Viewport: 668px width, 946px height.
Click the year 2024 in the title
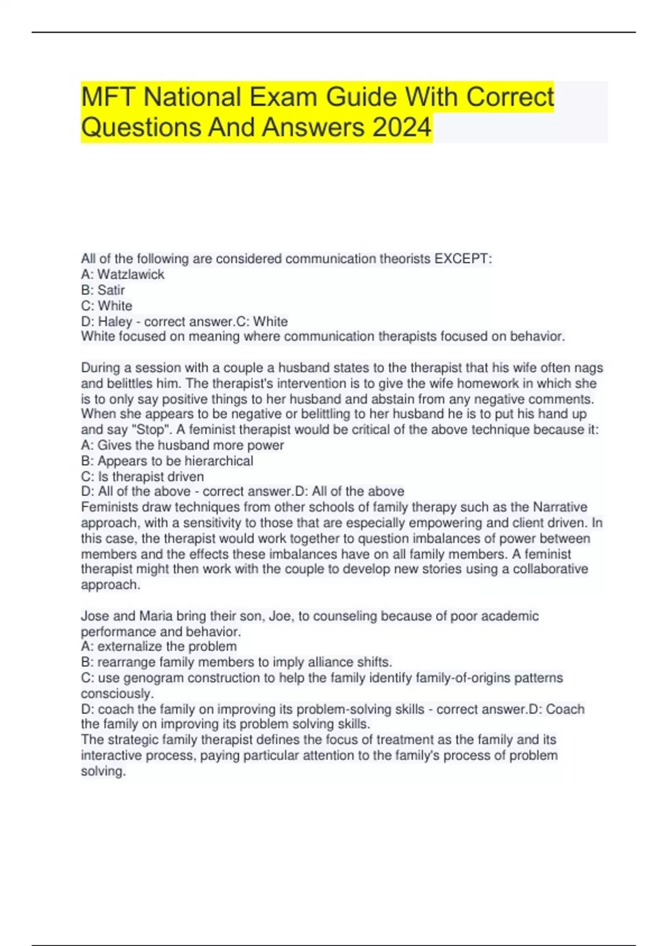pyautogui.click(x=402, y=127)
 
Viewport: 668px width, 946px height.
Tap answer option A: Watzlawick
pyautogui.click(x=122, y=274)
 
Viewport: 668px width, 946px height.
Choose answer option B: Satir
pyautogui.click(x=103, y=290)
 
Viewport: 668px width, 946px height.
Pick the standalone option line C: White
pyautogui.click(x=106, y=306)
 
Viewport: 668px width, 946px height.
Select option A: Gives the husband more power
pyautogui.click(x=182, y=445)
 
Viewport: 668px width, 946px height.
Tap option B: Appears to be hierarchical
pyautogui.click(x=167, y=461)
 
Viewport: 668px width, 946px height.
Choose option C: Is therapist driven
pyautogui.click(x=143, y=476)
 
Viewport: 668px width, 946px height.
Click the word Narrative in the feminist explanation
pyautogui.click(x=560, y=507)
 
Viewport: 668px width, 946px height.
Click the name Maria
pyautogui.click(x=155, y=616)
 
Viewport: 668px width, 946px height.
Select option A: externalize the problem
pyautogui.click(x=159, y=647)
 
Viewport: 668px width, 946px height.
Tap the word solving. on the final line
pyautogui.click(x=103, y=771)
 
